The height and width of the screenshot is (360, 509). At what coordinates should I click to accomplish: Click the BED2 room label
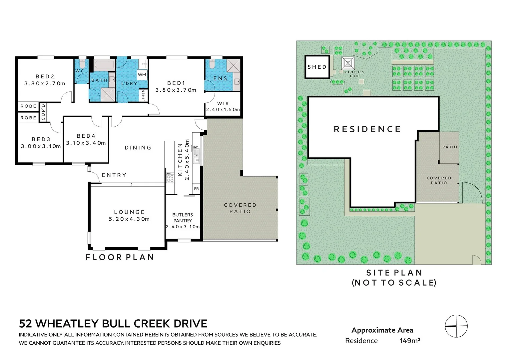[45, 77]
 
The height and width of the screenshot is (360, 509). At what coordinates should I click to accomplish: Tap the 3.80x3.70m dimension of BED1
[176, 90]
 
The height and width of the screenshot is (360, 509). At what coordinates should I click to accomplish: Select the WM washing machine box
[142, 75]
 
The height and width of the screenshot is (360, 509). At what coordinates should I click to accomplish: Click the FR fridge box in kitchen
[196, 189]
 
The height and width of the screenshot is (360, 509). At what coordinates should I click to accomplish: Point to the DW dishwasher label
[196, 147]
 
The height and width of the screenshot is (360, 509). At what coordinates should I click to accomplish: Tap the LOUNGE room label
[129, 212]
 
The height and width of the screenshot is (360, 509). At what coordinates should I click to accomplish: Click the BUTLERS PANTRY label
[183, 218]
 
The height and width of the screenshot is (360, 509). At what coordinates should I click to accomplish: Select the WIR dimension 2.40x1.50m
[223, 110]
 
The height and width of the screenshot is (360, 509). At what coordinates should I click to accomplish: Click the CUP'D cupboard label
[43, 112]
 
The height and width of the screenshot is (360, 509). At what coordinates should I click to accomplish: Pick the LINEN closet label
[143, 95]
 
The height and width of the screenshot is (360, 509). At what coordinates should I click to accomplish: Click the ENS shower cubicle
[234, 66]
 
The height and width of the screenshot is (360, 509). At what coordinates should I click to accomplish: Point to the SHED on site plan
[317, 67]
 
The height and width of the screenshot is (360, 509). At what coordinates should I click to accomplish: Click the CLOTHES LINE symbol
[348, 63]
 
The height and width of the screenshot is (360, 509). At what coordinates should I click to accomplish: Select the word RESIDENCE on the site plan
[367, 129]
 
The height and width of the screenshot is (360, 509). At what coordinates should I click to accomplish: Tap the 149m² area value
[410, 341]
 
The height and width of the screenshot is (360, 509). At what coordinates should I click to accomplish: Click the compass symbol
[456, 326]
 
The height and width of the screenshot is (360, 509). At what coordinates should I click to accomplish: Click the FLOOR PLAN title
[120, 257]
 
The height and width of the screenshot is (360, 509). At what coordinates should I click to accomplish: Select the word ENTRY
[114, 175]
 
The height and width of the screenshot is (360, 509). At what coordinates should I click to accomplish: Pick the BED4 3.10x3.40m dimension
[86, 143]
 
